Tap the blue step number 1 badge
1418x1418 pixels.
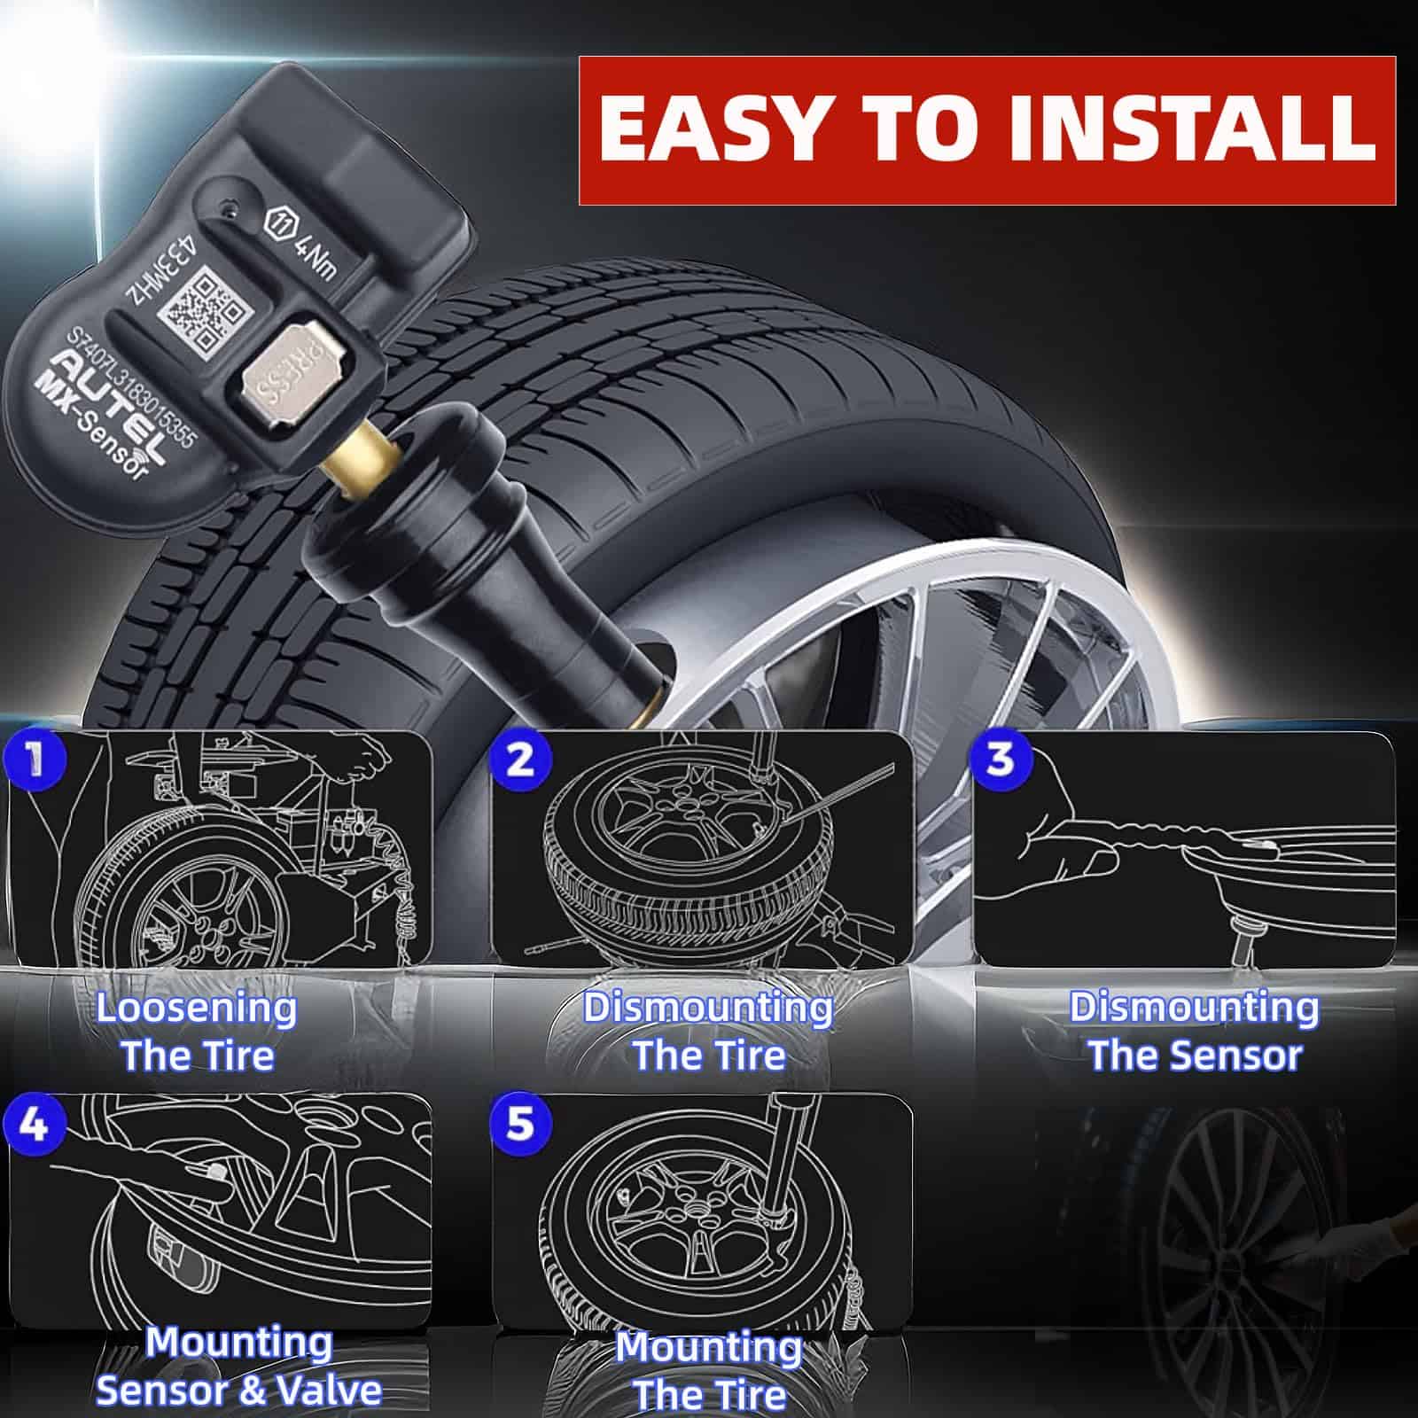(x=35, y=760)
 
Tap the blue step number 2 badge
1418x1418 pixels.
(x=520, y=760)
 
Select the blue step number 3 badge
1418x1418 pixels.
(x=1001, y=760)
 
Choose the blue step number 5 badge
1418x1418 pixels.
(x=520, y=1124)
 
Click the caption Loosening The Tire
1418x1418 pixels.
(x=197, y=1032)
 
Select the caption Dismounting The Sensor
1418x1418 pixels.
(x=1195, y=1032)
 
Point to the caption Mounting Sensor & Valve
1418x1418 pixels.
(x=239, y=1366)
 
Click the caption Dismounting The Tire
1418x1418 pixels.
(x=709, y=1032)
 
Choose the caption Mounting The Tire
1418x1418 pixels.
(x=709, y=1370)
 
